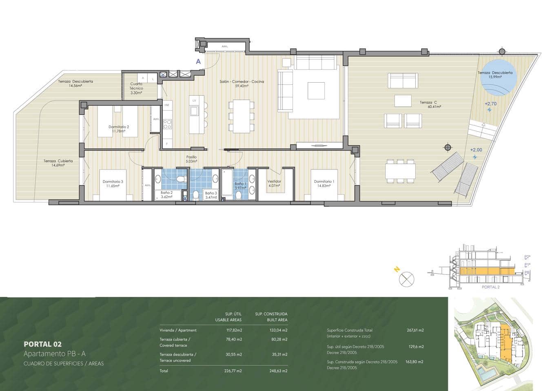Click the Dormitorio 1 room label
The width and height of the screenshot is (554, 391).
coord(324,182)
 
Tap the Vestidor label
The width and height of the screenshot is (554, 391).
coord(274,182)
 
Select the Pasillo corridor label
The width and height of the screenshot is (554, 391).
coord(191,157)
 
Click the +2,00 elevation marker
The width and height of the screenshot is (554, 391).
coord(476,150)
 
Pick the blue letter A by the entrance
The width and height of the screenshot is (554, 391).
coord(198,62)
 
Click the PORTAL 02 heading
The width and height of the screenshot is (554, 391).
coord(42,344)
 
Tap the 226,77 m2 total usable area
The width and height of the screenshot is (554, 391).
coord(234,371)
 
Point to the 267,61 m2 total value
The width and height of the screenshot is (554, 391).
coord(415,330)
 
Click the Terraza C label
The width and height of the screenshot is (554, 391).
coord(428,103)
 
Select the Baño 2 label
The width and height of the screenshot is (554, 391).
coord(166,193)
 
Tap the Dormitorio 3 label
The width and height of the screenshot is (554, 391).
coord(113,182)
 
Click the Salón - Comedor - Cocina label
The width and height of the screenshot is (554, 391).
coord(242,81)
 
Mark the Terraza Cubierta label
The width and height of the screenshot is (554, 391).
coord(58,161)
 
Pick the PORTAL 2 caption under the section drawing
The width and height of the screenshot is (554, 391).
coord(490,287)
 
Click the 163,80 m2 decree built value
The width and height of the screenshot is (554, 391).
coord(415,362)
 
